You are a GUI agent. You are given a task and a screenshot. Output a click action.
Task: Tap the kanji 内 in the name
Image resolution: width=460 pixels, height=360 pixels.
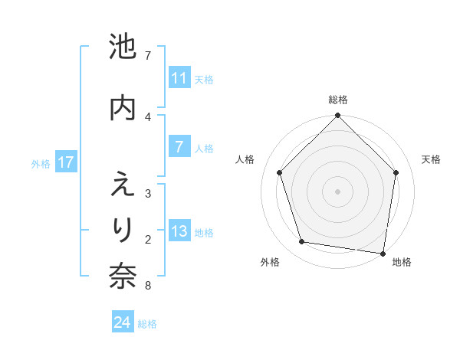[x=123, y=107]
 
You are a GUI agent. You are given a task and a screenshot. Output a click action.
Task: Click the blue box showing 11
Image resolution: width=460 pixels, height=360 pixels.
[x=179, y=78]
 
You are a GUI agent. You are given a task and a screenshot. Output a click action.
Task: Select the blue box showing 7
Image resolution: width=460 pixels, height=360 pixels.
[x=179, y=148]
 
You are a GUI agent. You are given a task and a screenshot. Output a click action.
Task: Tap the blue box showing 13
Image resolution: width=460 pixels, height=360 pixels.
[x=179, y=232]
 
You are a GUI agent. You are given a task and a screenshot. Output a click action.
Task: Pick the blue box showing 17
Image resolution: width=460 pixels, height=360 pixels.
[x=65, y=162]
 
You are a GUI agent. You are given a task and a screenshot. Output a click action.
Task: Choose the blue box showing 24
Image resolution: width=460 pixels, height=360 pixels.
[x=123, y=322]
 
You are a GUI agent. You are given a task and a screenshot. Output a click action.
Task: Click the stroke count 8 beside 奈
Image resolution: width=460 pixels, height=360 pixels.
[x=147, y=286]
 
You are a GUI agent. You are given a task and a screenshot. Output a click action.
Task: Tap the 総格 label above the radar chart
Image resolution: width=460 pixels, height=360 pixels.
[x=337, y=100]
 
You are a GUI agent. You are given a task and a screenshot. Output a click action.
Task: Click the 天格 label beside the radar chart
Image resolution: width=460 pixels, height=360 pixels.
[x=431, y=159]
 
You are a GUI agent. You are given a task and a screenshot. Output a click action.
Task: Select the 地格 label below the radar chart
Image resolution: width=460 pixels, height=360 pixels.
[x=402, y=262]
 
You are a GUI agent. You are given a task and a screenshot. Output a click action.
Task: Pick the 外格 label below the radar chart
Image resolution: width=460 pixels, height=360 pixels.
[x=270, y=262]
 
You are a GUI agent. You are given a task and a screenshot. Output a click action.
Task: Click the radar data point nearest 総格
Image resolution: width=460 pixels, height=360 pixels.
[x=337, y=116]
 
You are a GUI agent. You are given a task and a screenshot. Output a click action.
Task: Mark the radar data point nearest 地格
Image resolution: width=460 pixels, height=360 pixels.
[x=383, y=253]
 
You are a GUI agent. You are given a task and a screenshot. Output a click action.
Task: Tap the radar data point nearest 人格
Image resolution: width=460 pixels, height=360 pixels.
[x=279, y=172]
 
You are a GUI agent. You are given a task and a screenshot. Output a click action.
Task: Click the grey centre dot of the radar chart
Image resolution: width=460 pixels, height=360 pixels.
[x=337, y=191]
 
